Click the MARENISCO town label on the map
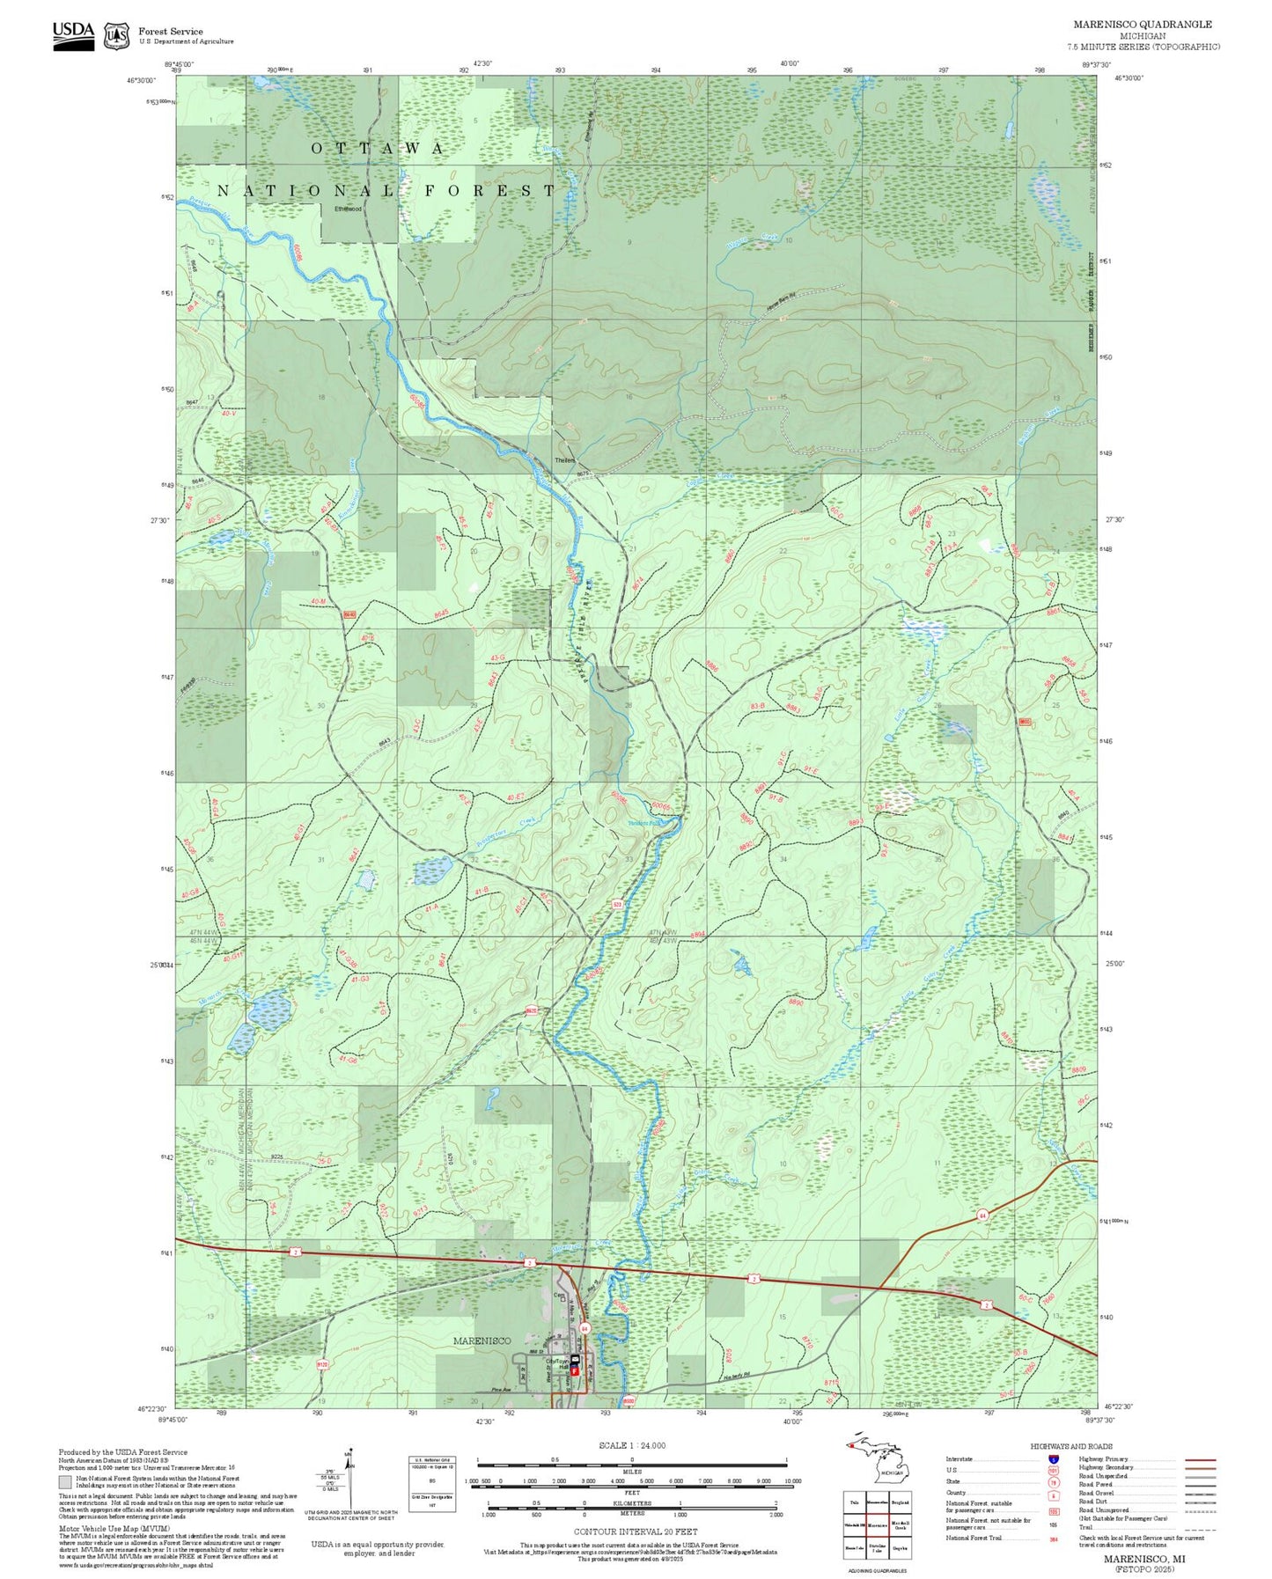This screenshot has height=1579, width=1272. (482, 1340)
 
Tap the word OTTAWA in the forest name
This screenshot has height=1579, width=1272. (378, 149)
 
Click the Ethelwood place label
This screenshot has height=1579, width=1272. (348, 209)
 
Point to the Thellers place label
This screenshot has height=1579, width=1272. (564, 460)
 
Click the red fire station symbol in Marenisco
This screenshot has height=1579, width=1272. (575, 1370)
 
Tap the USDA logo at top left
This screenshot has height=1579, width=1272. (73, 35)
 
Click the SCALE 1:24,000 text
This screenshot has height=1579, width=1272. (631, 1445)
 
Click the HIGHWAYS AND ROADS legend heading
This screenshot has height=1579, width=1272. (1071, 1446)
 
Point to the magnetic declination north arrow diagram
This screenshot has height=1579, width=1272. (349, 1479)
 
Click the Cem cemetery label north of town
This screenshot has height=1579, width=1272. (558, 1295)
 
